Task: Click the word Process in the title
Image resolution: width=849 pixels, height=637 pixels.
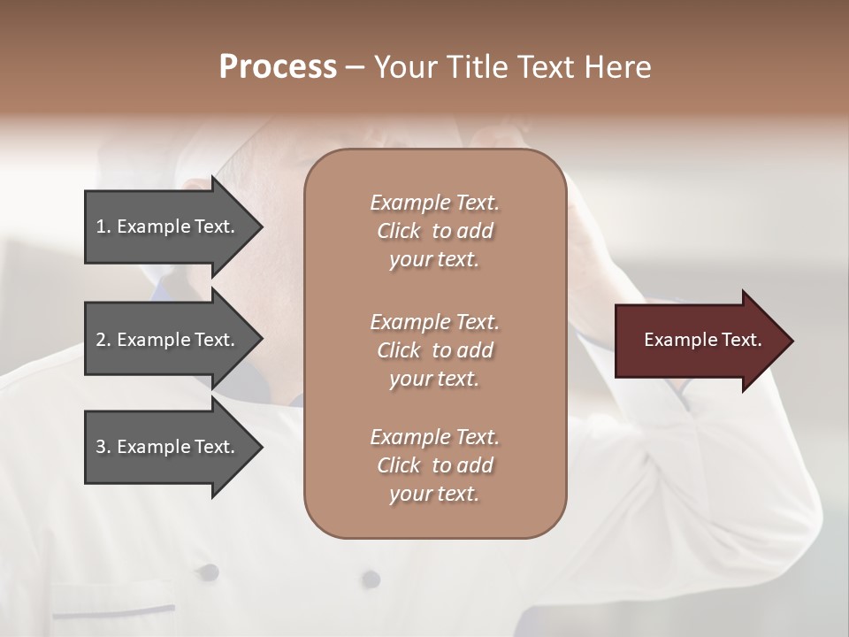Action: coord(278,67)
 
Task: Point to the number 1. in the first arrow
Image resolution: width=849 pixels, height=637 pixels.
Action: coord(103,226)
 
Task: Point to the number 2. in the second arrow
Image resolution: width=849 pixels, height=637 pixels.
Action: coord(103,340)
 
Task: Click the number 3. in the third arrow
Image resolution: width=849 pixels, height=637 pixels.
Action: coord(103,447)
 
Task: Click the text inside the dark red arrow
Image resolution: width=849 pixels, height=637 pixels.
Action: coord(702,340)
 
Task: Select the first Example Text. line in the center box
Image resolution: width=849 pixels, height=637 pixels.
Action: coord(434,203)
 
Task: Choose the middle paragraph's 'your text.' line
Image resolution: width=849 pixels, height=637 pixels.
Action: coord(434,379)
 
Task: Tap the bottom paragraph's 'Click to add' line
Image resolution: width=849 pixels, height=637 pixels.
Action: coord(434,465)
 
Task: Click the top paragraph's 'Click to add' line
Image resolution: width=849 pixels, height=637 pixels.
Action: coord(434,231)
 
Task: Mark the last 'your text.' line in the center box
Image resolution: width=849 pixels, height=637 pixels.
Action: coord(434,495)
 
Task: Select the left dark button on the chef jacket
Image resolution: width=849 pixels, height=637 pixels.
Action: coord(208,572)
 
